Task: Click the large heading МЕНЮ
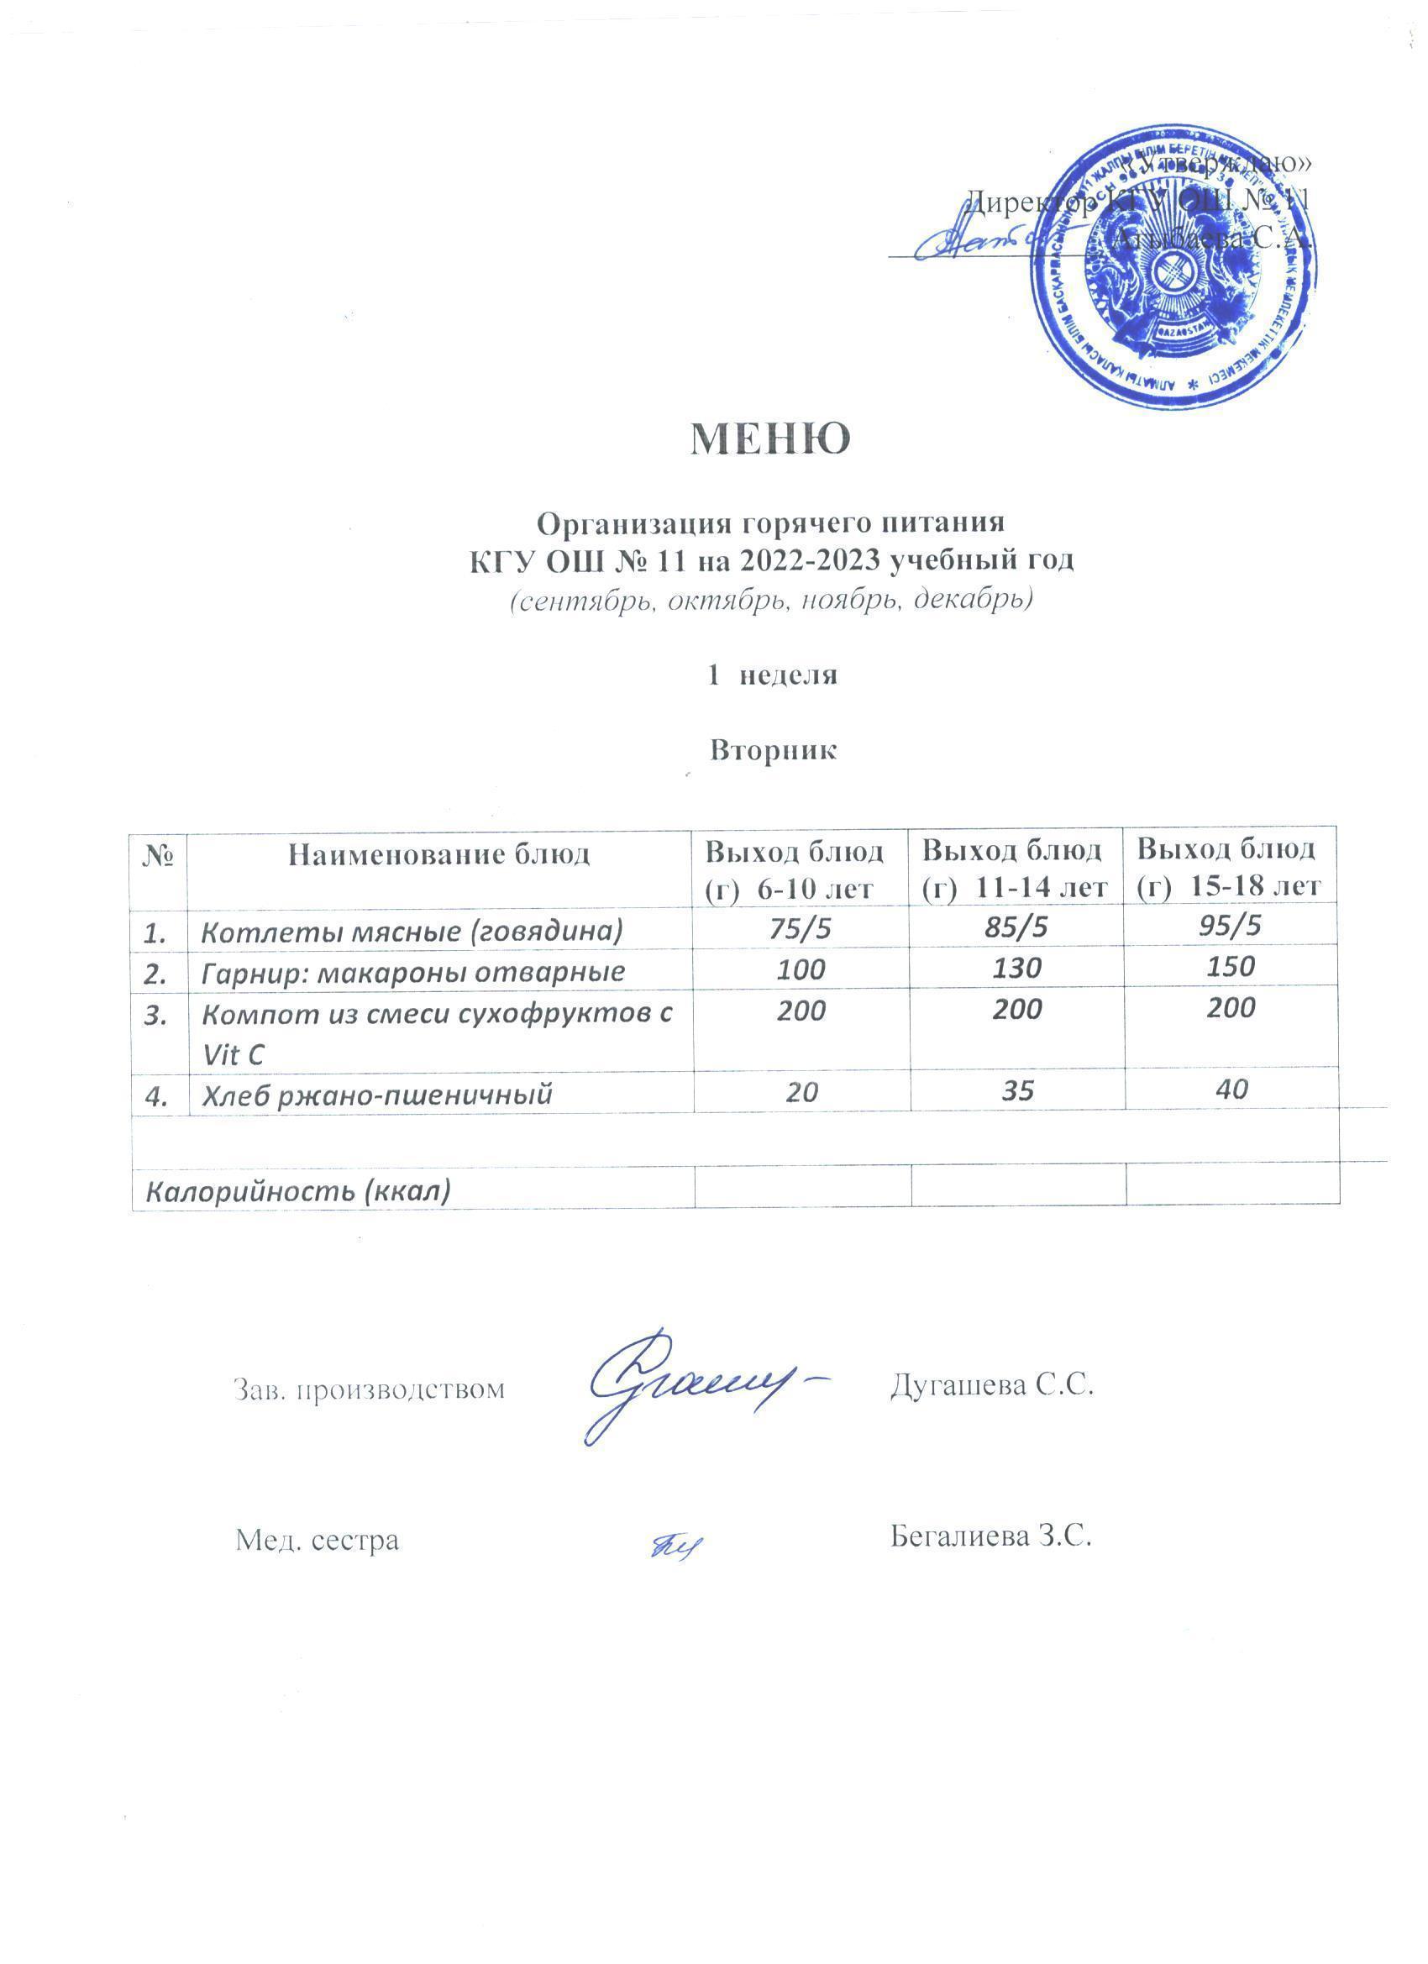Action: click(x=769, y=439)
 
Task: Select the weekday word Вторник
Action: click(x=773, y=750)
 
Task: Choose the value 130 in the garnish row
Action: click(x=1016, y=969)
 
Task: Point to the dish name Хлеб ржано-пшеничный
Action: click(x=376, y=1095)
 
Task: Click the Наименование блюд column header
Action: click(x=438, y=854)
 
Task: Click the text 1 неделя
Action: click(x=773, y=675)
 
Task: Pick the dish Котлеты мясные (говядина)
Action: click(x=412, y=931)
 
